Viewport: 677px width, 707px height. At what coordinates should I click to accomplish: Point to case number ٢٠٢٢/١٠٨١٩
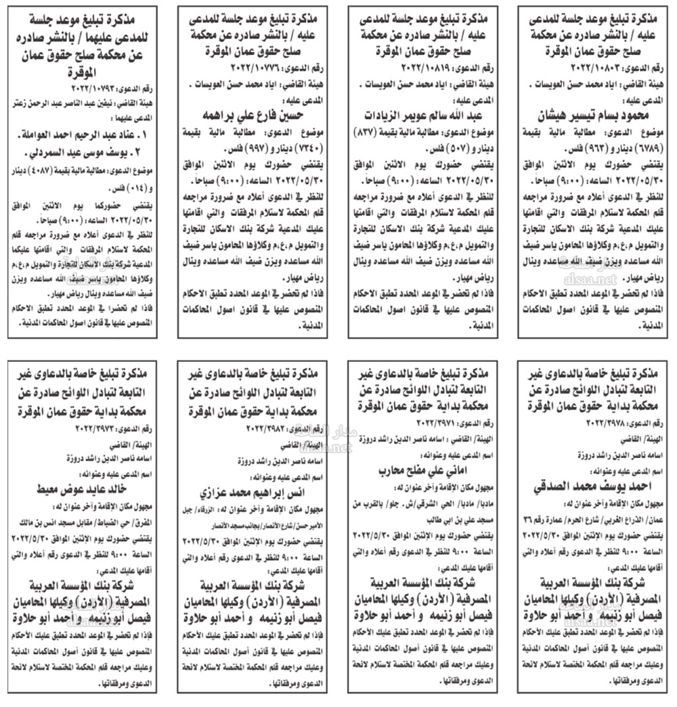(x=391, y=68)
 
